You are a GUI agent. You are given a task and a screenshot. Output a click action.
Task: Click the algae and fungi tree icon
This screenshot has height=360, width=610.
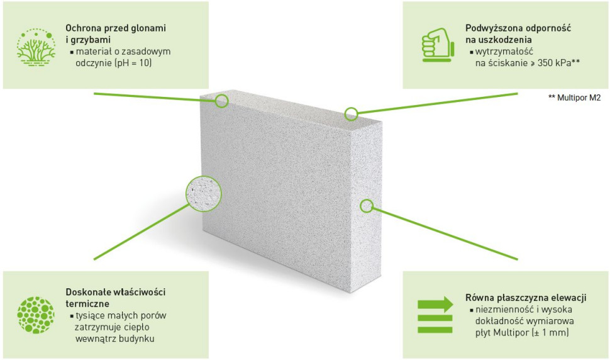click(36, 47)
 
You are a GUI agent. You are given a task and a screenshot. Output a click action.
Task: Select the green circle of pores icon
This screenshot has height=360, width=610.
click(36, 315)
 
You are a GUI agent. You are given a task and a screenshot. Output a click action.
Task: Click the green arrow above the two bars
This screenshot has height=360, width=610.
click(435, 304)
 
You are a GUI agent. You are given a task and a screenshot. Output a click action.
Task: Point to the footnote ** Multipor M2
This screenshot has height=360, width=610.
click(574, 98)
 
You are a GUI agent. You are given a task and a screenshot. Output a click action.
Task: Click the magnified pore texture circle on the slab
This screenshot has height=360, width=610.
click(204, 193)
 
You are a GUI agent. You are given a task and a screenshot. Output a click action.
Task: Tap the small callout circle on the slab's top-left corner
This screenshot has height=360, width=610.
click(222, 101)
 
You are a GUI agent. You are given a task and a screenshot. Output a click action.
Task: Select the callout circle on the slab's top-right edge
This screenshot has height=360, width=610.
click(352, 114)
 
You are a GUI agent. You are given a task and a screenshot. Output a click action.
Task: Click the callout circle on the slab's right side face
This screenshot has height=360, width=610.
click(367, 206)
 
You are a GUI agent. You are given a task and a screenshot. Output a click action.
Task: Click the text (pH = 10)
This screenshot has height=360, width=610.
click(133, 63)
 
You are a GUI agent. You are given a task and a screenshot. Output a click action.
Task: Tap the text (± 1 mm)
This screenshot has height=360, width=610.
click(550, 333)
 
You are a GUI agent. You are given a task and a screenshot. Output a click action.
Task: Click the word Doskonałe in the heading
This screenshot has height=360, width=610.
click(87, 292)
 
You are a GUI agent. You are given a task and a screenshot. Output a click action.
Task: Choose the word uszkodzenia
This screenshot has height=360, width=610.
click(503, 40)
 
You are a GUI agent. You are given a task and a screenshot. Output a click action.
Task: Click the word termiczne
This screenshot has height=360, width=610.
click(87, 303)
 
